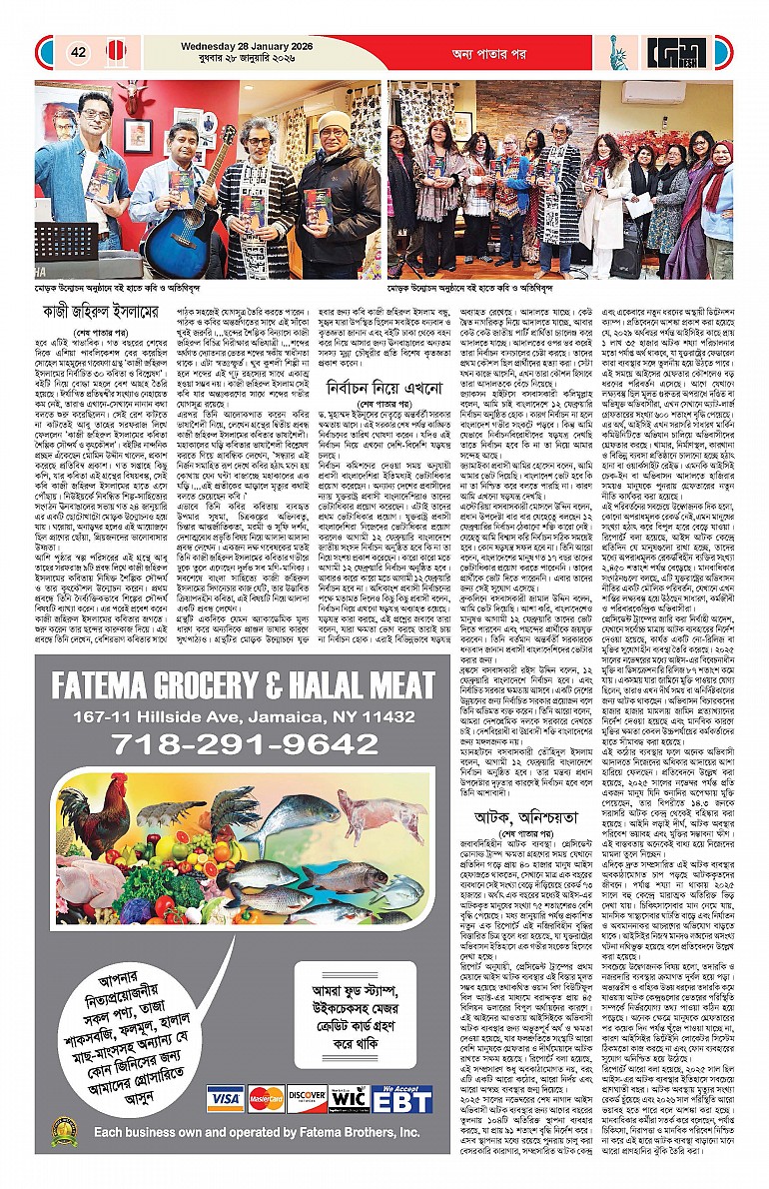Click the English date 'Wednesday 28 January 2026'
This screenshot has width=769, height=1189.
pyautogui.click(x=238, y=43)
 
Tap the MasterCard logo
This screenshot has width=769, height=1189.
pyautogui.click(x=267, y=1098)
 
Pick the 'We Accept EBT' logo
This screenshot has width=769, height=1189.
pyautogui.click(x=402, y=1098)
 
